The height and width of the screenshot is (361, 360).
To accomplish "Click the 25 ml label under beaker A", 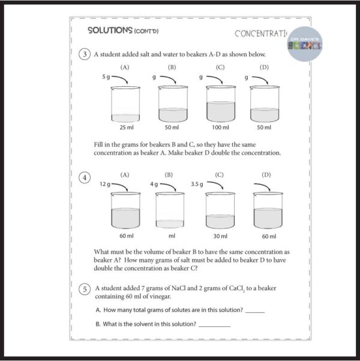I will pos(125,127).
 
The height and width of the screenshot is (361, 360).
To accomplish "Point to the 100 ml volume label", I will pos(220,127).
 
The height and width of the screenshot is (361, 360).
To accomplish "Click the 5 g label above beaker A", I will pos(106,77).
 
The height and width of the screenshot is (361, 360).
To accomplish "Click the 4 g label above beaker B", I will pos(154,184).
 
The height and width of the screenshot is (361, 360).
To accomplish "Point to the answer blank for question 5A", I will pos(254,312).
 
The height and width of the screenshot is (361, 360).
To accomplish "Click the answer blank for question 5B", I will pos(214,326).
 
